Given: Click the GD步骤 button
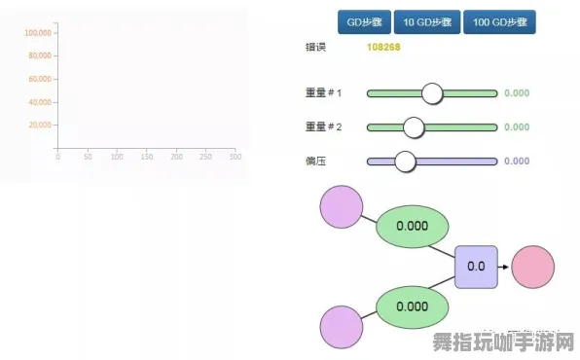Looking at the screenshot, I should tap(364, 21).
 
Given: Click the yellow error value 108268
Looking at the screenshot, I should tap(383, 47).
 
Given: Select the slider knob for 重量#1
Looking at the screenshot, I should tap(432, 93).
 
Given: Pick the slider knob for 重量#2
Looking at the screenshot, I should tap(414, 127).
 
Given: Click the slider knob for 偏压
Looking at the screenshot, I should tap(405, 162).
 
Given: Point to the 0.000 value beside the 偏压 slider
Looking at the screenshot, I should tap(516, 162).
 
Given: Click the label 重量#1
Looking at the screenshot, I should tap(323, 93).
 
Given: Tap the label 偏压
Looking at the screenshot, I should tap(314, 161).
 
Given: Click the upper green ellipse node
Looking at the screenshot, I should tap(412, 226).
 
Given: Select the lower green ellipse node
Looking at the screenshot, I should tap(412, 306).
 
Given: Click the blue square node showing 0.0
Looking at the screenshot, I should tap(476, 266).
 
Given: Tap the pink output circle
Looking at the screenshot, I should tap(533, 266).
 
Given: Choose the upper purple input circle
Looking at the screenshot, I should tap(341, 207).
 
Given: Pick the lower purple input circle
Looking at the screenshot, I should tap(341, 326).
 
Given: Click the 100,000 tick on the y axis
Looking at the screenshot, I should tap(38, 32).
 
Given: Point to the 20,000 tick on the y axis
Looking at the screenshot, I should tap(40, 125).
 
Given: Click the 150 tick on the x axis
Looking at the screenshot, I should tap(146, 157).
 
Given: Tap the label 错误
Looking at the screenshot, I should tap(314, 47).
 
